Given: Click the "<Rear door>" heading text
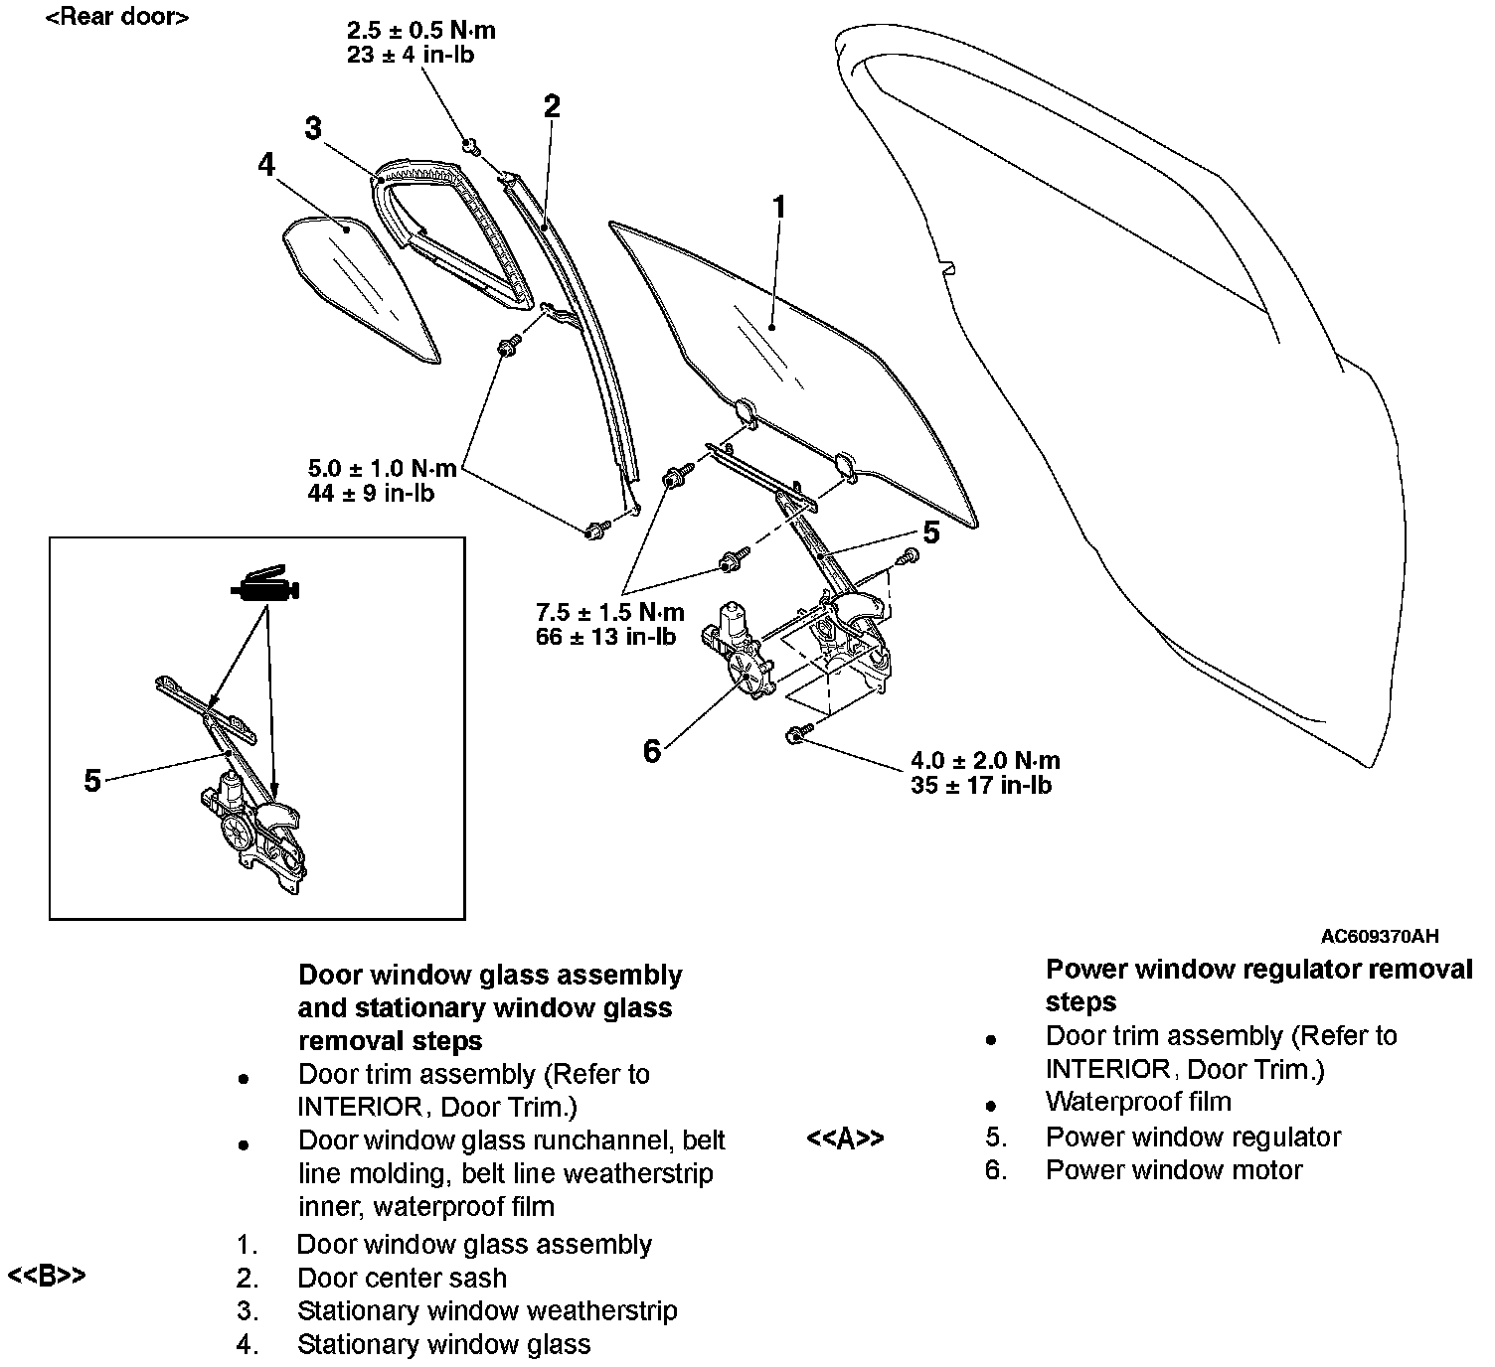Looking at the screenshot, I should point(116,17).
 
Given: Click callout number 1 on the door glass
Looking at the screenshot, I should point(779,207).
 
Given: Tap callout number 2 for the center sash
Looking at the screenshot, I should point(552,106).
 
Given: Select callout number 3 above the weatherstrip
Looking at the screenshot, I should point(314,128).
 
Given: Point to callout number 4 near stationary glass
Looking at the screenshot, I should point(265,164).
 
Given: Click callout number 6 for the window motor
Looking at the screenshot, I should point(651,751).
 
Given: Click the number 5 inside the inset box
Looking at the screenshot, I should point(92,781).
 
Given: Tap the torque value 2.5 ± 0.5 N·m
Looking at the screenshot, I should point(421,31).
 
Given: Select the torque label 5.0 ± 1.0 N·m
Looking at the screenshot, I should point(383,468).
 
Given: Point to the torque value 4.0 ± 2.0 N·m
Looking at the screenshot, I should point(985,761).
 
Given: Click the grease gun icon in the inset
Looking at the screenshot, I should point(264,587).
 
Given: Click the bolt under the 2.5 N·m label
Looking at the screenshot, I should point(471,147).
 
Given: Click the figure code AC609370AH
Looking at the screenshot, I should point(1379,936).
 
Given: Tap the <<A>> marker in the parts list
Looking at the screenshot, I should point(845,1138).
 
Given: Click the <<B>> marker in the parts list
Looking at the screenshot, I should point(47,1276).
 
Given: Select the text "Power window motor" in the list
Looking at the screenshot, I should point(1173,1170).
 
